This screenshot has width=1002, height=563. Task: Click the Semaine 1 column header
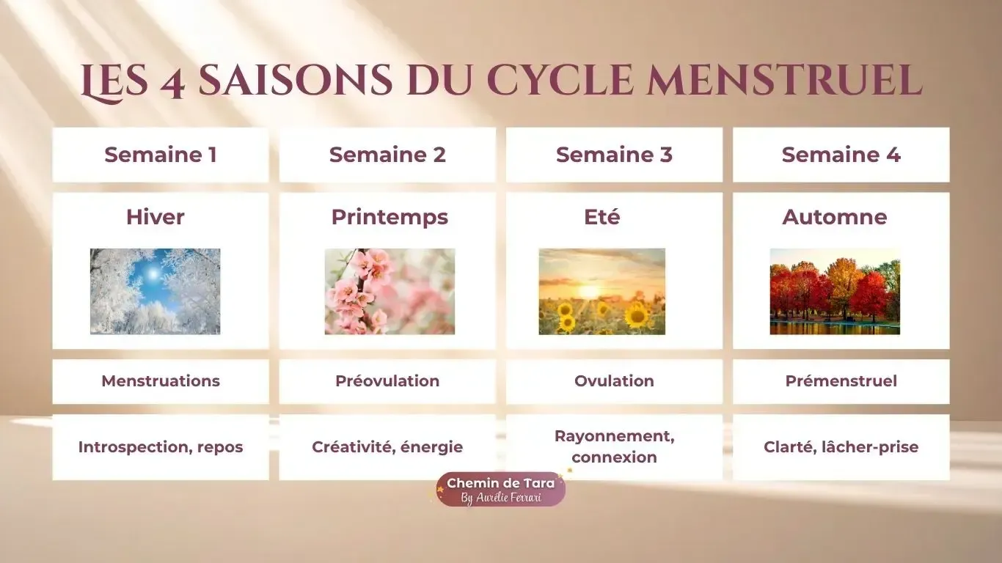click(160, 155)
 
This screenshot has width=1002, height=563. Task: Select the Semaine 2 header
click(387, 155)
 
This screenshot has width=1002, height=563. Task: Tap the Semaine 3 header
click(614, 155)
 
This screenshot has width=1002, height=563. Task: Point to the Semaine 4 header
click(841, 155)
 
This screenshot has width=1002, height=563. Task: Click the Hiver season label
click(155, 217)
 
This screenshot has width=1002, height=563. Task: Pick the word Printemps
click(390, 217)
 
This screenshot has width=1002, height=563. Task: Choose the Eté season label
click(602, 217)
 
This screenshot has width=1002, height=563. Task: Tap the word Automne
click(834, 217)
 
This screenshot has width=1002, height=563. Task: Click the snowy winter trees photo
click(155, 291)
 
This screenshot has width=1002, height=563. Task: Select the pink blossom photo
click(390, 291)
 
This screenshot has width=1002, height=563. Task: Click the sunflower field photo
click(602, 291)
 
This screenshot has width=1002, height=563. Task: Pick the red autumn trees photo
click(835, 291)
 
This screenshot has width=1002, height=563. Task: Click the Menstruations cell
click(160, 381)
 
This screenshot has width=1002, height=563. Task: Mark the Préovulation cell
click(387, 381)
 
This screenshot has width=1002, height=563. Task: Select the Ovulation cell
click(614, 381)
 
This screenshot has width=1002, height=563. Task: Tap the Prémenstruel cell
click(841, 381)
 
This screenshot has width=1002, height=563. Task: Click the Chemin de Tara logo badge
click(501, 490)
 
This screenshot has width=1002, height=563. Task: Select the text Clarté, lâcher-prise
click(841, 447)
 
